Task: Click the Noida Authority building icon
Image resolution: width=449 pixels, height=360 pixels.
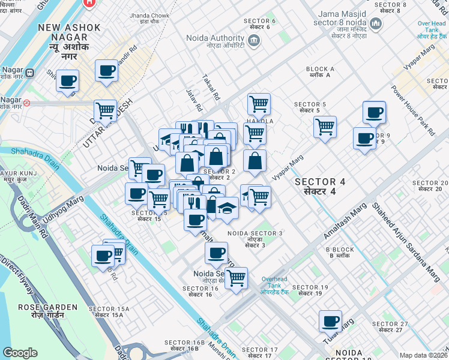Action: coord(254,40)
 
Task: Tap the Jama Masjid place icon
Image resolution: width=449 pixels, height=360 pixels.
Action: coord(376,24)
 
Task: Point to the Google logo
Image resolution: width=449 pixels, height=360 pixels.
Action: coord(20,353)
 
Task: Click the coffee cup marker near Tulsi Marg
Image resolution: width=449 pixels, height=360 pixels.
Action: coord(330,321)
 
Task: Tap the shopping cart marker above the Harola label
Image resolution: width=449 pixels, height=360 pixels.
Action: coord(259,103)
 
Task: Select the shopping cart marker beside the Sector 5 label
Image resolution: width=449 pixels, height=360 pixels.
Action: coord(325,127)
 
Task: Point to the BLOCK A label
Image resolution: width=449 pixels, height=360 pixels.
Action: coord(320,69)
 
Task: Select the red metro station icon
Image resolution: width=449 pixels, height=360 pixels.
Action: coord(27,103)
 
